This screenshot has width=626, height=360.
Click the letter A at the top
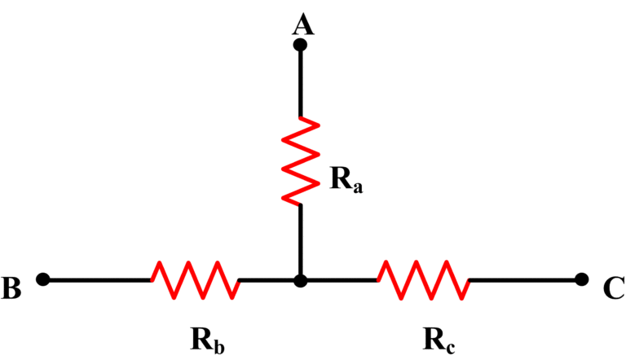(x=302, y=25)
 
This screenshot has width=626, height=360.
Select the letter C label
(x=614, y=288)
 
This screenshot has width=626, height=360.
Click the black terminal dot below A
(x=300, y=46)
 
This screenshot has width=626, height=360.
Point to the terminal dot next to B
(x=44, y=279)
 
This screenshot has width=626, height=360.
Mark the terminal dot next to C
(x=581, y=279)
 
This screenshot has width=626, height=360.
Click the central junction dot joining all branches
(x=300, y=280)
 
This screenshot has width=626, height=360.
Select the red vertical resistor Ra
(x=300, y=160)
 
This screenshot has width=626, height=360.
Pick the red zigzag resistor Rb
(x=195, y=279)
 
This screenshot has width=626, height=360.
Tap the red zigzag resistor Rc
(x=422, y=279)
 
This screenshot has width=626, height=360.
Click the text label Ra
(x=346, y=181)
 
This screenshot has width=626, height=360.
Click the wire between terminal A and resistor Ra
(x=300, y=81)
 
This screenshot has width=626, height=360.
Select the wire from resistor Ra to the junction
(x=300, y=240)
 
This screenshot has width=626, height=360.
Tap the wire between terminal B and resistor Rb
(x=98, y=279)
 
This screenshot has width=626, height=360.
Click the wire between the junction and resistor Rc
(x=338, y=279)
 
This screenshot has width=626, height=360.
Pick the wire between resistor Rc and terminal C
(x=522, y=279)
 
